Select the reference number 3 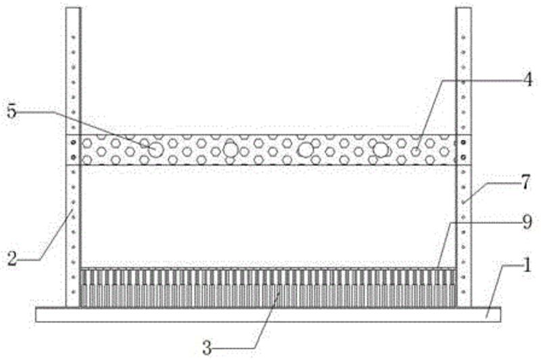(x=208, y=348)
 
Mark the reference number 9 (x=526, y=222)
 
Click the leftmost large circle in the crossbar (x=156, y=150)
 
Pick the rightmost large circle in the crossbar (x=381, y=150)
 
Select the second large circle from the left (x=231, y=150)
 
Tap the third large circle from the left (x=306, y=150)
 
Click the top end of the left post (x=73, y=10)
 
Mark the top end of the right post (x=463, y=10)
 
